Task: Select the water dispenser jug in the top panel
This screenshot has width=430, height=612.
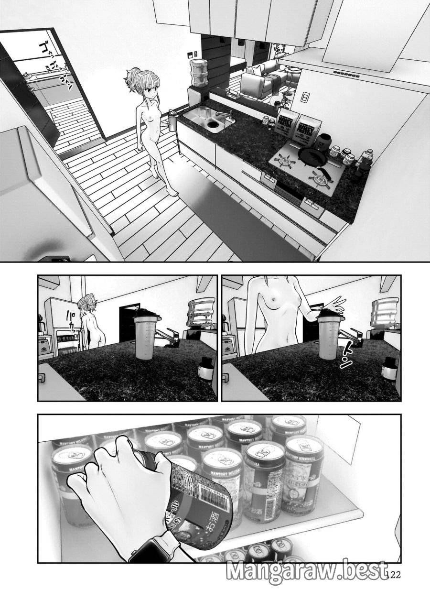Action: coord(199,72)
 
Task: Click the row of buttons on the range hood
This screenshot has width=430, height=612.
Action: coord(346,74)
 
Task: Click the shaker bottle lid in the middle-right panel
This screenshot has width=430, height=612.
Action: coord(330,316)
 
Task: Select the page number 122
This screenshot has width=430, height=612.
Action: coord(393,575)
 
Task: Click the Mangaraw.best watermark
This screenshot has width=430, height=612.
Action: coord(306,571)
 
